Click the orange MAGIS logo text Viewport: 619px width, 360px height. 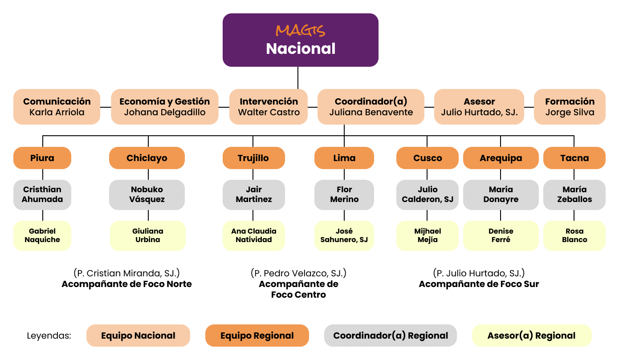pyautogui.click(x=300, y=31)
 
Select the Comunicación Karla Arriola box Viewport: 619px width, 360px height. pyautogui.click(x=57, y=107)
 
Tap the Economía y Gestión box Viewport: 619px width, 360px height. pyautogui.click(x=164, y=107)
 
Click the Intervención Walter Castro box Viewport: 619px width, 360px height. pyautogui.click(x=269, y=107)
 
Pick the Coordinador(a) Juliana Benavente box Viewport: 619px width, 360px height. pyautogui.click(x=371, y=107)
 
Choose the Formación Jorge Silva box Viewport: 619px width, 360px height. pyautogui.click(x=570, y=107)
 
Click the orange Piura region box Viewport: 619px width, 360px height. pyautogui.click(x=42, y=158)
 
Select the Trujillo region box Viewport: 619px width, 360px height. pyautogui.click(x=253, y=158)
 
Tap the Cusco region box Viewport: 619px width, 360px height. pyautogui.click(x=427, y=158)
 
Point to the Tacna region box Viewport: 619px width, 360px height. pyautogui.click(x=574, y=158)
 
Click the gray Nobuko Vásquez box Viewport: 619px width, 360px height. pyautogui.click(x=147, y=194)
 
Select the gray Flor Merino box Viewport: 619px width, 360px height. pyautogui.click(x=344, y=194)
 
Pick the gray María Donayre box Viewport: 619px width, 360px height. pyautogui.click(x=501, y=194)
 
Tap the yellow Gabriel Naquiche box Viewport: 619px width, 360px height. pyautogui.click(x=42, y=235)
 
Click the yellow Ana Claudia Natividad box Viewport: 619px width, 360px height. pyautogui.click(x=253, y=235)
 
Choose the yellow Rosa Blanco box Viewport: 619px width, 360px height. pyautogui.click(x=574, y=235)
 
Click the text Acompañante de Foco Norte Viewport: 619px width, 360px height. pyautogui.click(x=126, y=284)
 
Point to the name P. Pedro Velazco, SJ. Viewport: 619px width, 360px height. pyautogui.click(x=298, y=273)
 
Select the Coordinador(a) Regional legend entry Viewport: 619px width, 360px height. pyautogui.click(x=390, y=336)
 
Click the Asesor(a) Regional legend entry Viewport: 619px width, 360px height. pyautogui.click(x=531, y=336)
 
